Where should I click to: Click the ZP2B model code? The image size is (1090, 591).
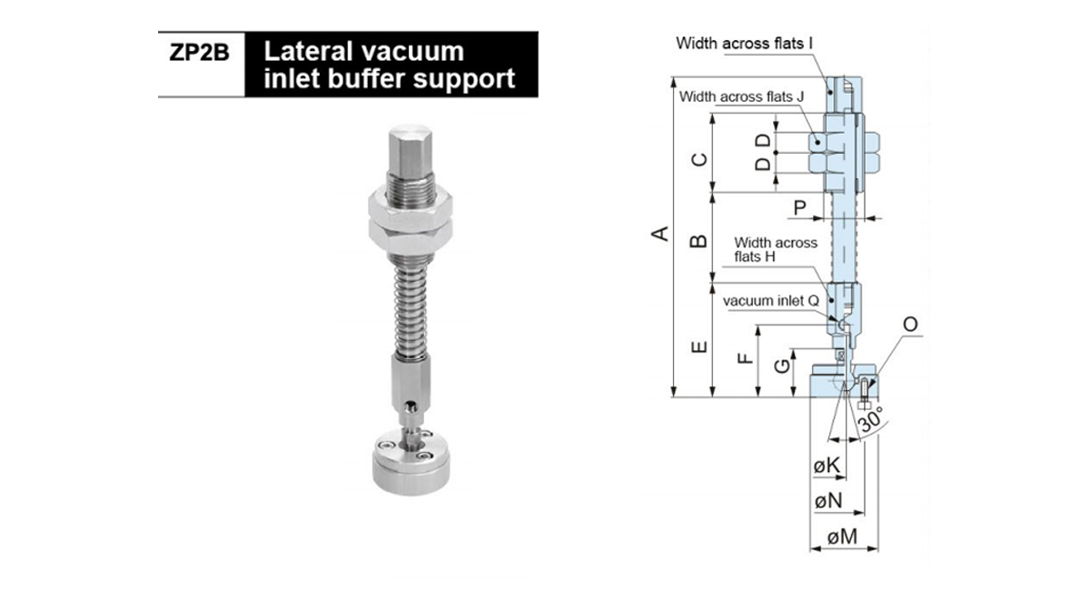point(201,52)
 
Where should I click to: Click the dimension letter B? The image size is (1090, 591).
point(699,242)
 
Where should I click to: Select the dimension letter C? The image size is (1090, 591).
point(699,161)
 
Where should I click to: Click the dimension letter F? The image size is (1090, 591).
point(744,357)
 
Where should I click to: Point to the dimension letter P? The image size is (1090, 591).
point(799,207)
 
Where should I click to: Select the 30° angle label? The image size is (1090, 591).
point(870,421)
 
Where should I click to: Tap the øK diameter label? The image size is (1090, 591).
point(827,465)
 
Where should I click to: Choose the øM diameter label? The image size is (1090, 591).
point(844,538)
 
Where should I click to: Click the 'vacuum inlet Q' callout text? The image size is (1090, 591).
point(773,299)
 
